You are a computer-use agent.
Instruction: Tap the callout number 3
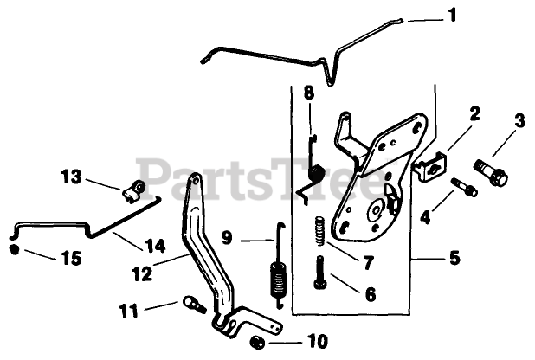(519, 121)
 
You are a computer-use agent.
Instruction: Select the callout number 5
(454, 258)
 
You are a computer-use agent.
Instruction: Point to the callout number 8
(308, 93)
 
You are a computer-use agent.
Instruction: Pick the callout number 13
(72, 177)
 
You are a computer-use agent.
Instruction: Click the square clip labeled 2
(430, 165)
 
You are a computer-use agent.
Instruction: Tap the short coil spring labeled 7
(319, 231)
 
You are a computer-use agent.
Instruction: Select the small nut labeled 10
(258, 340)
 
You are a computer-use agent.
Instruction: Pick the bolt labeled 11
(193, 304)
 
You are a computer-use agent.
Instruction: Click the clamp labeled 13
(134, 190)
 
